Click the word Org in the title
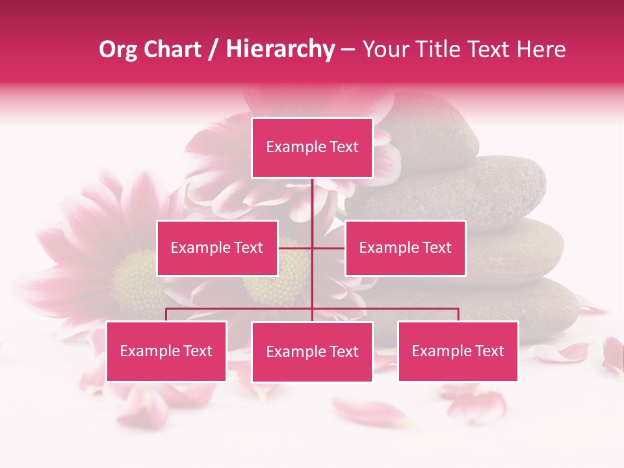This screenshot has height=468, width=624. (118, 49)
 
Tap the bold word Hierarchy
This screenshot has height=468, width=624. (279, 49)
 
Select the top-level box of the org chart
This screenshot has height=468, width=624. (312, 148)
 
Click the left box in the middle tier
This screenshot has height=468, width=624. (217, 248)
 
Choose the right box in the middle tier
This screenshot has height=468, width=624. (406, 248)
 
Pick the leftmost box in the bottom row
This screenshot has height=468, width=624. (166, 351)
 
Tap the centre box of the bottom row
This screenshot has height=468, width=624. (312, 352)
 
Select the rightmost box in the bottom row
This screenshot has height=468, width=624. (458, 351)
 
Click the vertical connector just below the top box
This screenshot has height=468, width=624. (313, 198)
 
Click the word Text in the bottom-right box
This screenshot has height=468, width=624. (489, 351)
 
